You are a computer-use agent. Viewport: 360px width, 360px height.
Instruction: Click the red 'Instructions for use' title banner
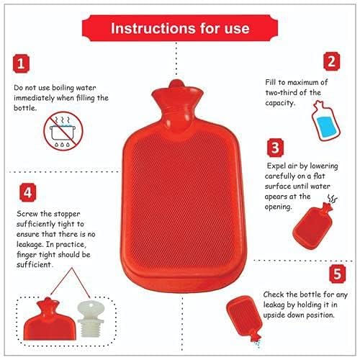point(180,28)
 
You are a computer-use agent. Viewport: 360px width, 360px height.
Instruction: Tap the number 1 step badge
point(25,63)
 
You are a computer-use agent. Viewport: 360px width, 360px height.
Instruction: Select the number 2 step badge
point(332,62)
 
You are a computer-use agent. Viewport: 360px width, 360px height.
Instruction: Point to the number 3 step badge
point(274,149)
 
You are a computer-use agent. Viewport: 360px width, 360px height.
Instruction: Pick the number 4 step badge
point(27,193)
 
